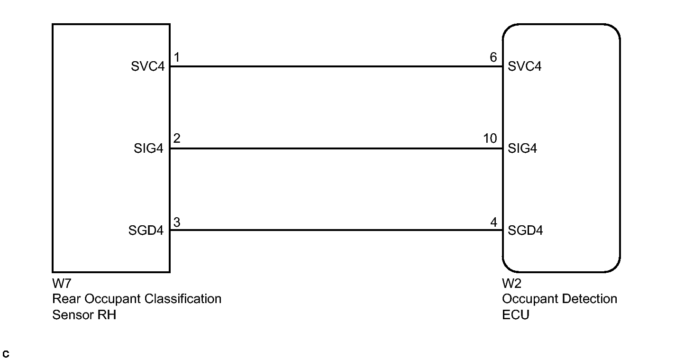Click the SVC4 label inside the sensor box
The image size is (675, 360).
pyautogui.click(x=147, y=66)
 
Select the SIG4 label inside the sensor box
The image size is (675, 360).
pyautogui.click(x=148, y=148)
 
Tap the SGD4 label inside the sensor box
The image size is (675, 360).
pyautogui.click(x=146, y=231)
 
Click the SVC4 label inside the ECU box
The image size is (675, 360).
pyautogui.click(x=524, y=66)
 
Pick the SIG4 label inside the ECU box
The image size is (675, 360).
pyautogui.click(x=522, y=148)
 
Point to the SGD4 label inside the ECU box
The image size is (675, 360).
pyautogui.click(x=525, y=231)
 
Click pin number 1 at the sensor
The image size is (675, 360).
pyautogui.click(x=176, y=58)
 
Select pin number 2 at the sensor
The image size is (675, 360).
pyautogui.click(x=176, y=139)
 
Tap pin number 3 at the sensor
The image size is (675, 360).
pyautogui.click(x=176, y=222)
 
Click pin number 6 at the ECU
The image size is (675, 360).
pyautogui.click(x=493, y=58)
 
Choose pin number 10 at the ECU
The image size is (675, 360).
pyautogui.click(x=490, y=139)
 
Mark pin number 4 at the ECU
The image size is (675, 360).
pyautogui.click(x=493, y=222)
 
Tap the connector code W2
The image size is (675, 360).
pyautogui.click(x=511, y=284)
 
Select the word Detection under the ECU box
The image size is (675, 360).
pyautogui.click(x=588, y=299)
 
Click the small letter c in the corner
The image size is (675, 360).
pyautogui.click(x=6, y=354)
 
